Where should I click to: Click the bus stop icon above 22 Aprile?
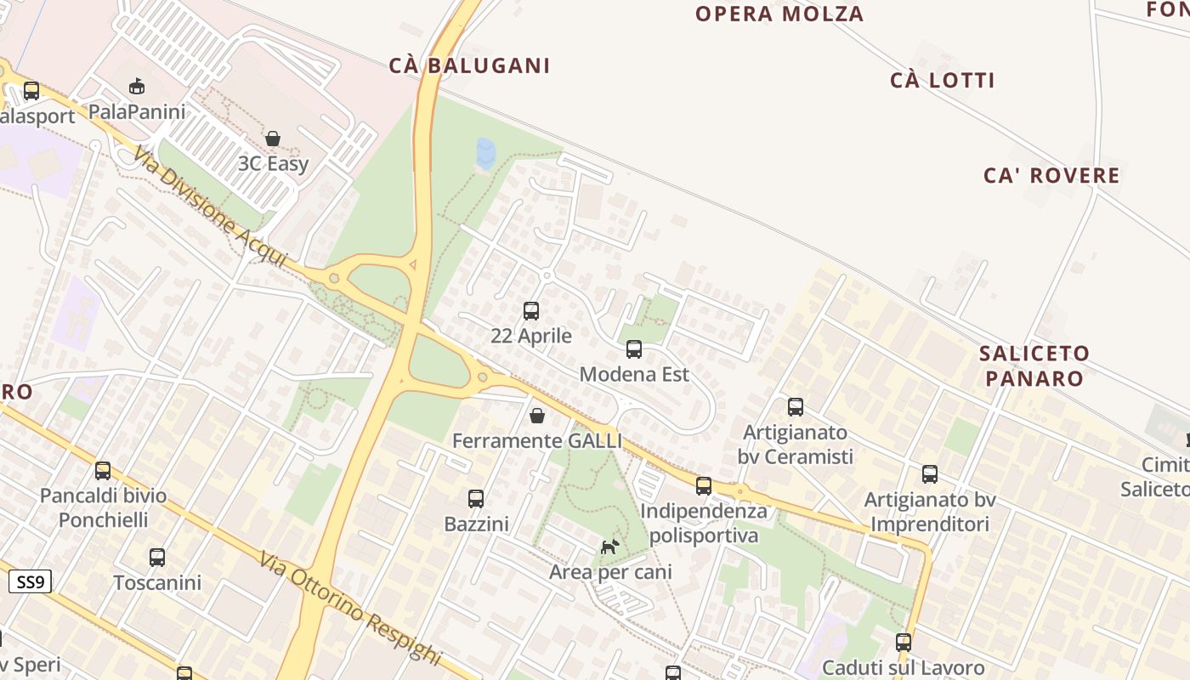pyautogui.click(x=531, y=311)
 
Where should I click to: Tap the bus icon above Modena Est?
pyautogui.click(x=634, y=349)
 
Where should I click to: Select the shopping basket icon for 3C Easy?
pyautogui.click(x=273, y=139)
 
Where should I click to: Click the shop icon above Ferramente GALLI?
pyautogui.click(x=537, y=416)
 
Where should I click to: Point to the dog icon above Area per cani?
pyautogui.click(x=609, y=547)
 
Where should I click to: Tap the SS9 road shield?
pyautogui.click(x=31, y=582)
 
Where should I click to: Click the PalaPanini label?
pyautogui.click(x=137, y=111)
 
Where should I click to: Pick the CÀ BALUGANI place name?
pyautogui.click(x=469, y=65)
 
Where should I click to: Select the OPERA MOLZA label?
pyautogui.click(x=779, y=14)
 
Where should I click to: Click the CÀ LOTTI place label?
pyautogui.click(x=943, y=81)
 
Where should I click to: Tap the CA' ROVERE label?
pyautogui.click(x=1051, y=176)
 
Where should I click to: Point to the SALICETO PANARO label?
pyautogui.click(x=1034, y=365)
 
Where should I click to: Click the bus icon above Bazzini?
pyautogui.click(x=476, y=499)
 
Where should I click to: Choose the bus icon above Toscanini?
pyautogui.click(x=157, y=558)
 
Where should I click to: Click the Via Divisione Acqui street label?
pyautogui.click(x=210, y=207)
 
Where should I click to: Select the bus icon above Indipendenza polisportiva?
pyautogui.click(x=704, y=486)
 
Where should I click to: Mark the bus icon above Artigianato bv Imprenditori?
pyautogui.click(x=930, y=474)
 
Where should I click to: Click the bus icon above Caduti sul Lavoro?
pyautogui.click(x=904, y=643)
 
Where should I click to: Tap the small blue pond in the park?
pyautogui.click(x=486, y=153)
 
